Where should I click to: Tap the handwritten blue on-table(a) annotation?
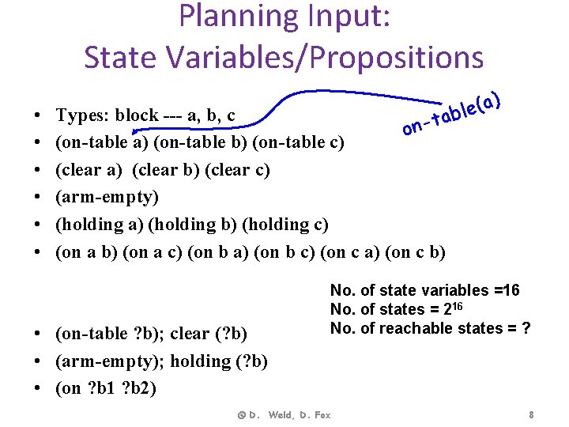(450, 115)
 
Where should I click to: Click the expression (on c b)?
(417, 252)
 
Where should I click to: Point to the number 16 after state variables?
(511, 290)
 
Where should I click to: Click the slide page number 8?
(532, 414)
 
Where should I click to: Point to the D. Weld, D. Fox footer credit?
(284, 414)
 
